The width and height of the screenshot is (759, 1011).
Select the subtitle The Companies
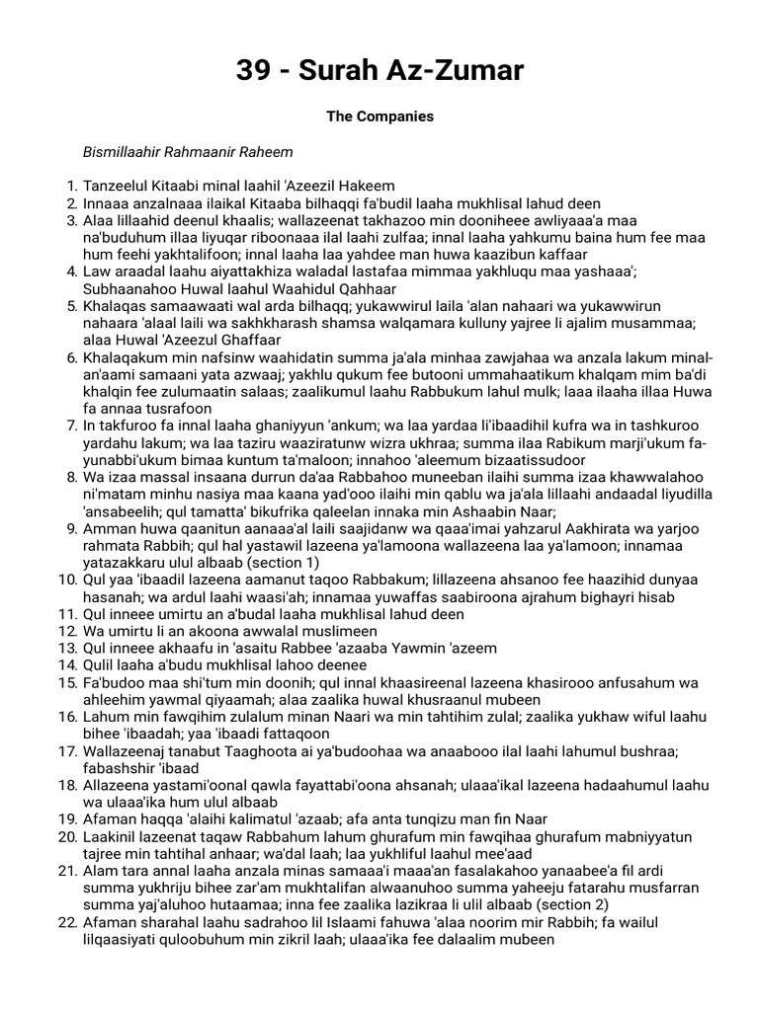click(379, 117)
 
